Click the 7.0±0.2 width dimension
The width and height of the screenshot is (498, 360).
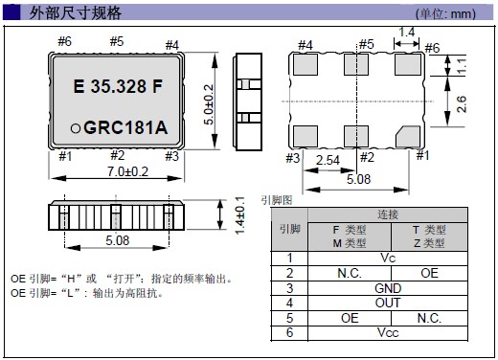(127, 171)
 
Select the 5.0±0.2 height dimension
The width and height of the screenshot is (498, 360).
(209, 104)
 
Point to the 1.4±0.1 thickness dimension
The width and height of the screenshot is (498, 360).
(239, 215)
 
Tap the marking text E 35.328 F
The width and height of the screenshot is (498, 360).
(118, 86)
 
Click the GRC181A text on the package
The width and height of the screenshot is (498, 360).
(125, 127)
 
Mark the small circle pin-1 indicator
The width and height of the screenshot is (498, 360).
(76, 128)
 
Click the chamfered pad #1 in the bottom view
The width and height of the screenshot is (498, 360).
(408, 136)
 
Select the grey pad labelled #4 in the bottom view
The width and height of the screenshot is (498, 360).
(306, 64)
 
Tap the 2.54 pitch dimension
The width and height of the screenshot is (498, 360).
(328, 160)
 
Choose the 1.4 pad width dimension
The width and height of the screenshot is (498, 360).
(407, 32)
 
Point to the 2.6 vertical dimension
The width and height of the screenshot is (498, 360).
(462, 104)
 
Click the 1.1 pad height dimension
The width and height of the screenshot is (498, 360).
(462, 66)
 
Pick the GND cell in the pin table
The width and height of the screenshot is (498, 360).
(388, 288)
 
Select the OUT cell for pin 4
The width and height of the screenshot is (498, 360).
(388, 303)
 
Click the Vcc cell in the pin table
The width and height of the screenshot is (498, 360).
(388, 332)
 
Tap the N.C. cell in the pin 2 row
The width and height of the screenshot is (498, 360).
(350, 273)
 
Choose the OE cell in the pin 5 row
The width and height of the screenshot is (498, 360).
(350, 318)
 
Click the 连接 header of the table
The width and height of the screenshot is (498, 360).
(388, 214)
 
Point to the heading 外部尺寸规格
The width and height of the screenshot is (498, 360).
(76, 13)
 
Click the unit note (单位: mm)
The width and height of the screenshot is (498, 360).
(445, 14)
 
